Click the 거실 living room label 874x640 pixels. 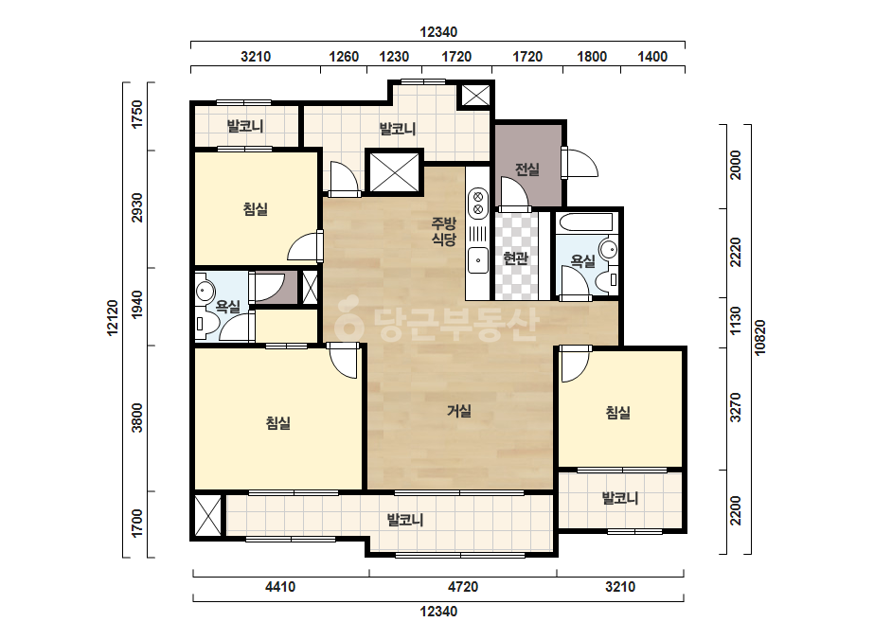pyautogui.click(x=459, y=411)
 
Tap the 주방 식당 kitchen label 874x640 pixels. pyautogui.click(x=444, y=231)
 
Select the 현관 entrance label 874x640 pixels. pyautogui.click(x=515, y=258)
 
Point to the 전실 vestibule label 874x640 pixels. pyautogui.click(x=526, y=169)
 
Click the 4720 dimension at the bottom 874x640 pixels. pyautogui.click(x=463, y=587)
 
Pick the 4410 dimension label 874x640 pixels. pyautogui.click(x=280, y=587)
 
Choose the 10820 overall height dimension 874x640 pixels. pyautogui.click(x=760, y=337)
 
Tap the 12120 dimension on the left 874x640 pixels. pyautogui.click(x=113, y=318)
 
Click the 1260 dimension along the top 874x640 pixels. pyautogui.click(x=344, y=56)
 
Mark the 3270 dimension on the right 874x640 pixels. pyautogui.click(x=736, y=407)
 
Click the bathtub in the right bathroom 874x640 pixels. pyautogui.click(x=587, y=222)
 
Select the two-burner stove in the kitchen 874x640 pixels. pyautogui.click(x=477, y=203)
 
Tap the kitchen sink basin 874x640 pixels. pyautogui.click(x=477, y=259)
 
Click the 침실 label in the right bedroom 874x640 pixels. pyautogui.click(x=617, y=413)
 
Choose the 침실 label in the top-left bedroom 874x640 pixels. pyautogui.click(x=256, y=209)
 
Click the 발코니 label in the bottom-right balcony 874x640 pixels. pyautogui.click(x=620, y=498)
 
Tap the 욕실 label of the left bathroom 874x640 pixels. pyautogui.click(x=227, y=306)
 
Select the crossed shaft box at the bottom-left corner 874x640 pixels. pyautogui.click(x=208, y=516)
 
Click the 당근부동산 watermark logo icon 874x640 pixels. pyautogui.click(x=348, y=317)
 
